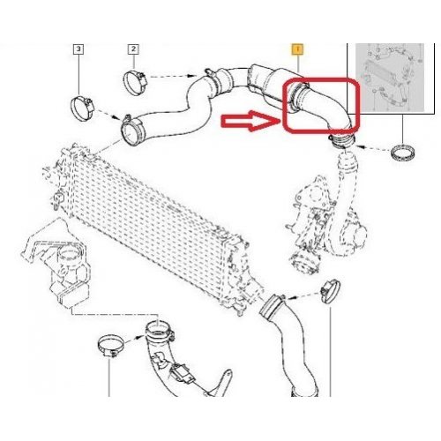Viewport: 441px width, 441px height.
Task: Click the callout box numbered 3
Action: (78, 49)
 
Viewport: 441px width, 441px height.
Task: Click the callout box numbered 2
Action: (133, 49)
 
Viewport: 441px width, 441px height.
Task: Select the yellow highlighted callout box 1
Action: (297, 49)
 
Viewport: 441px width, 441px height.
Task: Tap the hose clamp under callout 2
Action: (135, 82)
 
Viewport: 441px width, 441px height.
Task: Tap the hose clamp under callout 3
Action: (82, 108)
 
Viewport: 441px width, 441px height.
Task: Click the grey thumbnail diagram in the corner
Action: (390, 78)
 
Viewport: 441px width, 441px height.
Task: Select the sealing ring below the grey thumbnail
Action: (403, 153)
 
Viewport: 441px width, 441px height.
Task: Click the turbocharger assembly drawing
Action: (326, 227)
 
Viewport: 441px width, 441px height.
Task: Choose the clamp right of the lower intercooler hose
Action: (331, 291)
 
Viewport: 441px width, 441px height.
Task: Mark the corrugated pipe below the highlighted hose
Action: (347, 165)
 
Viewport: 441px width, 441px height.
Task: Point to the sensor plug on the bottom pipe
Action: (180, 373)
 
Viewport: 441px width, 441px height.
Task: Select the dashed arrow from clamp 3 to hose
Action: (108, 115)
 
